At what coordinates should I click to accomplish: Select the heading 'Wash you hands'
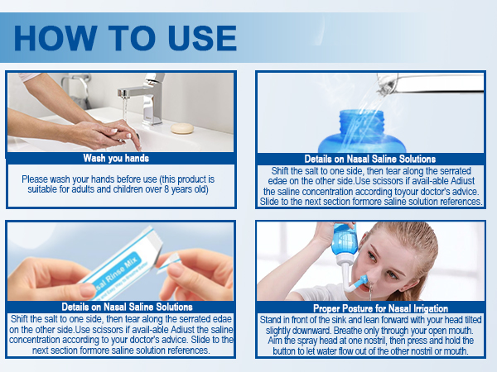116,158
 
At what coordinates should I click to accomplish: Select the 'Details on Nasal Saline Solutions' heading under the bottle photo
369,159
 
